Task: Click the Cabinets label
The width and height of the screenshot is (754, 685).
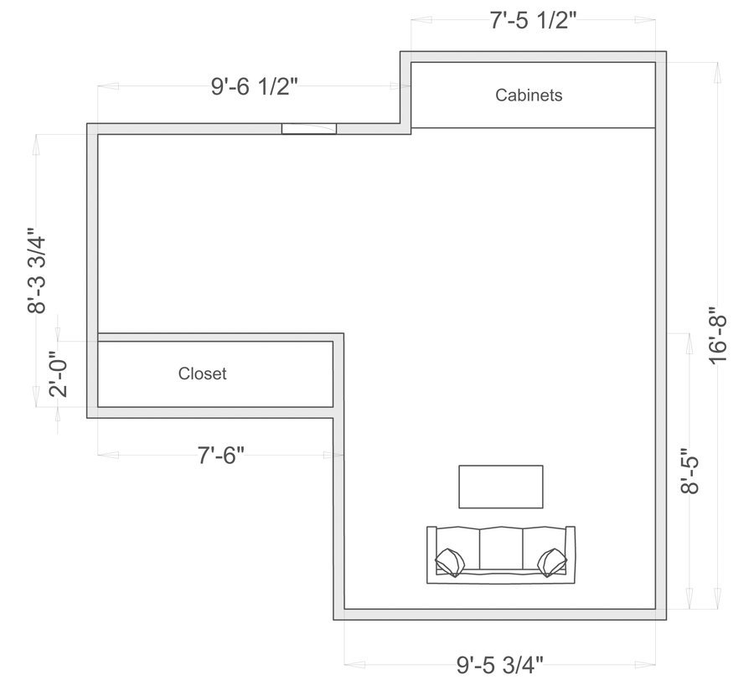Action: tap(529, 95)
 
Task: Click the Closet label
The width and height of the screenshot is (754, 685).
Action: tap(202, 373)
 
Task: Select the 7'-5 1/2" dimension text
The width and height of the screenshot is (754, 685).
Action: tap(534, 21)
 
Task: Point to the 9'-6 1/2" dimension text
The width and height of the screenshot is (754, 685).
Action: tap(255, 88)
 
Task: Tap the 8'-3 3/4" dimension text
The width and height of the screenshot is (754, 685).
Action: tap(37, 270)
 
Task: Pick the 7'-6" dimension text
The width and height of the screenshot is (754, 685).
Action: tap(221, 456)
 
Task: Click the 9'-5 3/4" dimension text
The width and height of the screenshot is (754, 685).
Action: tap(500, 666)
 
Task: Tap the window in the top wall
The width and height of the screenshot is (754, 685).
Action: tap(308, 129)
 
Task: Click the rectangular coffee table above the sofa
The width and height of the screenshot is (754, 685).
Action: tap(500, 487)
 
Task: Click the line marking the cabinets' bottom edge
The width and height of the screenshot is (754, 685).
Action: tap(533, 128)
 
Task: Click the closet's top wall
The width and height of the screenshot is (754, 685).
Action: tap(218, 337)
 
